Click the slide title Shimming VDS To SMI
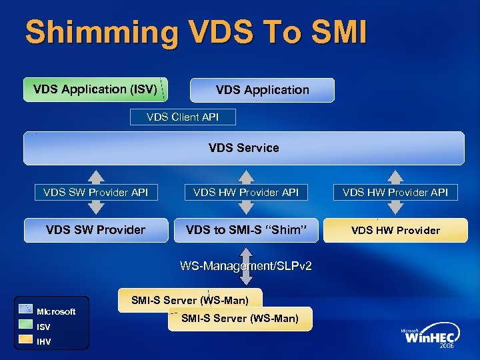pyautogui.click(x=195, y=33)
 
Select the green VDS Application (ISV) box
pyautogui.click(x=95, y=89)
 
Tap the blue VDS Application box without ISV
pyautogui.click(x=262, y=90)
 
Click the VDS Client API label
pyautogui.click(x=182, y=117)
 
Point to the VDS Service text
pyautogui.click(x=243, y=148)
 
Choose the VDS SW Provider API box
pyautogui.click(x=95, y=193)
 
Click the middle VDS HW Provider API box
pyautogui.click(x=246, y=193)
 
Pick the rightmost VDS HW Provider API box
pyautogui.click(x=395, y=193)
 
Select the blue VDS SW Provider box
pyautogui.click(x=95, y=230)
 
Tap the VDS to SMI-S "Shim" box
pyautogui.click(x=246, y=230)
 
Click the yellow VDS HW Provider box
pyautogui.click(x=395, y=231)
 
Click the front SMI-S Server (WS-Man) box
pyautogui.click(x=239, y=319)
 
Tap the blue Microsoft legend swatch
pyautogui.click(x=26, y=309)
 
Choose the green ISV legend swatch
pyautogui.click(x=26, y=326)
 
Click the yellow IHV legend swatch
pyautogui.click(x=26, y=341)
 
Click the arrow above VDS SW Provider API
pyautogui.click(x=96, y=176)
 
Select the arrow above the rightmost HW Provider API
pyautogui.click(x=396, y=176)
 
